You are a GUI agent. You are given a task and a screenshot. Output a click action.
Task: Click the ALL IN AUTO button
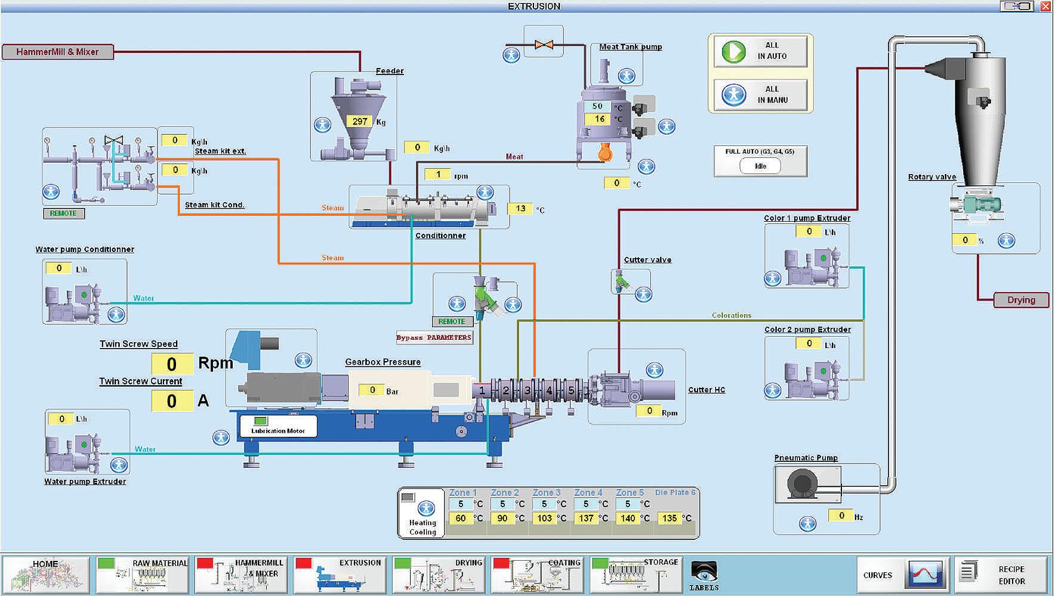pyautogui.click(x=760, y=51)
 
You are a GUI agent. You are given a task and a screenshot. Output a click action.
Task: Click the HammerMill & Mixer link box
pyautogui.click(x=57, y=52)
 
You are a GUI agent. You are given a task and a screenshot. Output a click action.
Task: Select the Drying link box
pyautogui.click(x=1021, y=300)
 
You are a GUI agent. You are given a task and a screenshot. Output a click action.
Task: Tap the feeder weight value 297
pyautogui.click(x=359, y=121)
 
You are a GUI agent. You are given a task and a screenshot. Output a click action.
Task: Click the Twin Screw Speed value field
pyautogui.click(x=172, y=364)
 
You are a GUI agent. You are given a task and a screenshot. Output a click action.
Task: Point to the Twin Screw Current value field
pyautogui.click(x=172, y=401)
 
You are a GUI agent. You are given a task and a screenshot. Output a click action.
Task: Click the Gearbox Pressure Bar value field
pyautogui.click(x=372, y=390)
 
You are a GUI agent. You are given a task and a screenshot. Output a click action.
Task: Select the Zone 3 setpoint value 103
pyautogui.click(x=544, y=518)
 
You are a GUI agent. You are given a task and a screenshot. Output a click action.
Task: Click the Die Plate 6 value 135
pyautogui.click(x=670, y=518)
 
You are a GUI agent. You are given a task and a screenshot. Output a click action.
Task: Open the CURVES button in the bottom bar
pyautogui.click(x=902, y=575)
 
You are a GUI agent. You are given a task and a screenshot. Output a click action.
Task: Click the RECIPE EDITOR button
pyautogui.click(x=1001, y=575)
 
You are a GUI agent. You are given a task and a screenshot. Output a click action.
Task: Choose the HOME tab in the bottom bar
pyautogui.click(x=46, y=575)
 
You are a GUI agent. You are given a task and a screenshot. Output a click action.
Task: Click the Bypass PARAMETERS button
pyautogui.click(x=434, y=337)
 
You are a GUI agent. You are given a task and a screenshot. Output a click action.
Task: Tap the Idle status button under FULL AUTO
pyautogui.click(x=760, y=166)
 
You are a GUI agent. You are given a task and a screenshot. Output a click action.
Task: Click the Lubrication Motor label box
pyautogui.click(x=278, y=426)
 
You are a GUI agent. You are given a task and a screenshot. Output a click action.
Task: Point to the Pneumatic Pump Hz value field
pyautogui.click(x=841, y=516)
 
